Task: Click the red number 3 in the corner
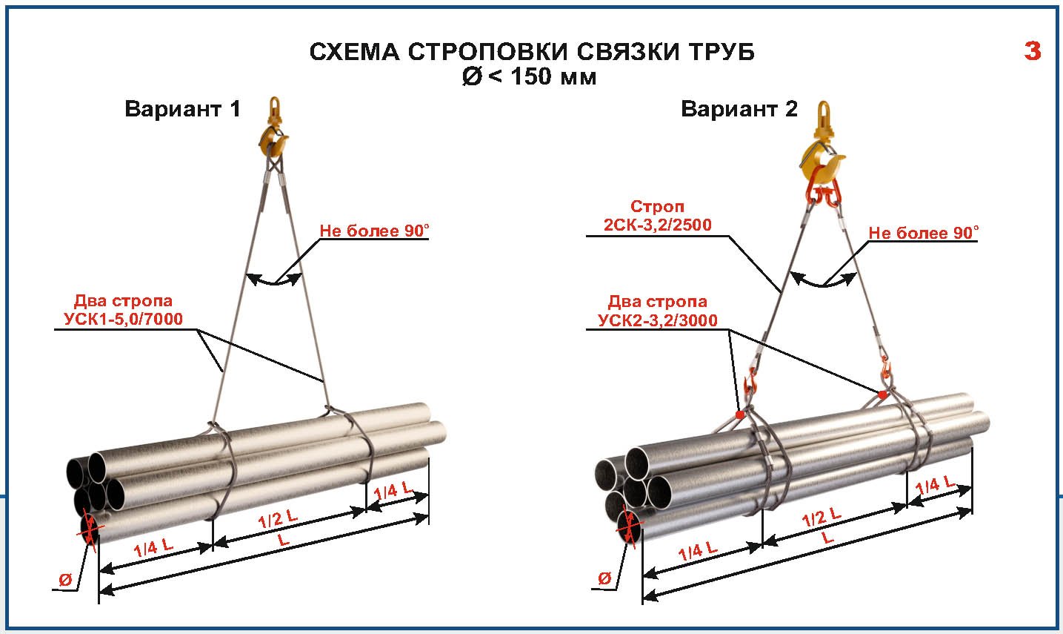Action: (1033, 51)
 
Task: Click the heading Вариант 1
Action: (182, 109)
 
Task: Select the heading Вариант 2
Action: (739, 110)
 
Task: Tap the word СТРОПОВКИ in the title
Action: (487, 52)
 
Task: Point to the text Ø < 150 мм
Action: (529, 76)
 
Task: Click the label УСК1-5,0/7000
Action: (119, 319)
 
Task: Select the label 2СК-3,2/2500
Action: (658, 225)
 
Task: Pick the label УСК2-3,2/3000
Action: (658, 320)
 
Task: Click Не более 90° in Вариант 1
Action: (374, 231)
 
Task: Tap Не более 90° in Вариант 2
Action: (923, 233)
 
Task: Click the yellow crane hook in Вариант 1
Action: (273, 137)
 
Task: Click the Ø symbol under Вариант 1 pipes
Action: (65, 580)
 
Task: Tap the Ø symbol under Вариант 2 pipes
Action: (604, 578)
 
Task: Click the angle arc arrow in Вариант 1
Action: (274, 280)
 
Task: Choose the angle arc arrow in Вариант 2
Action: (822, 281)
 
